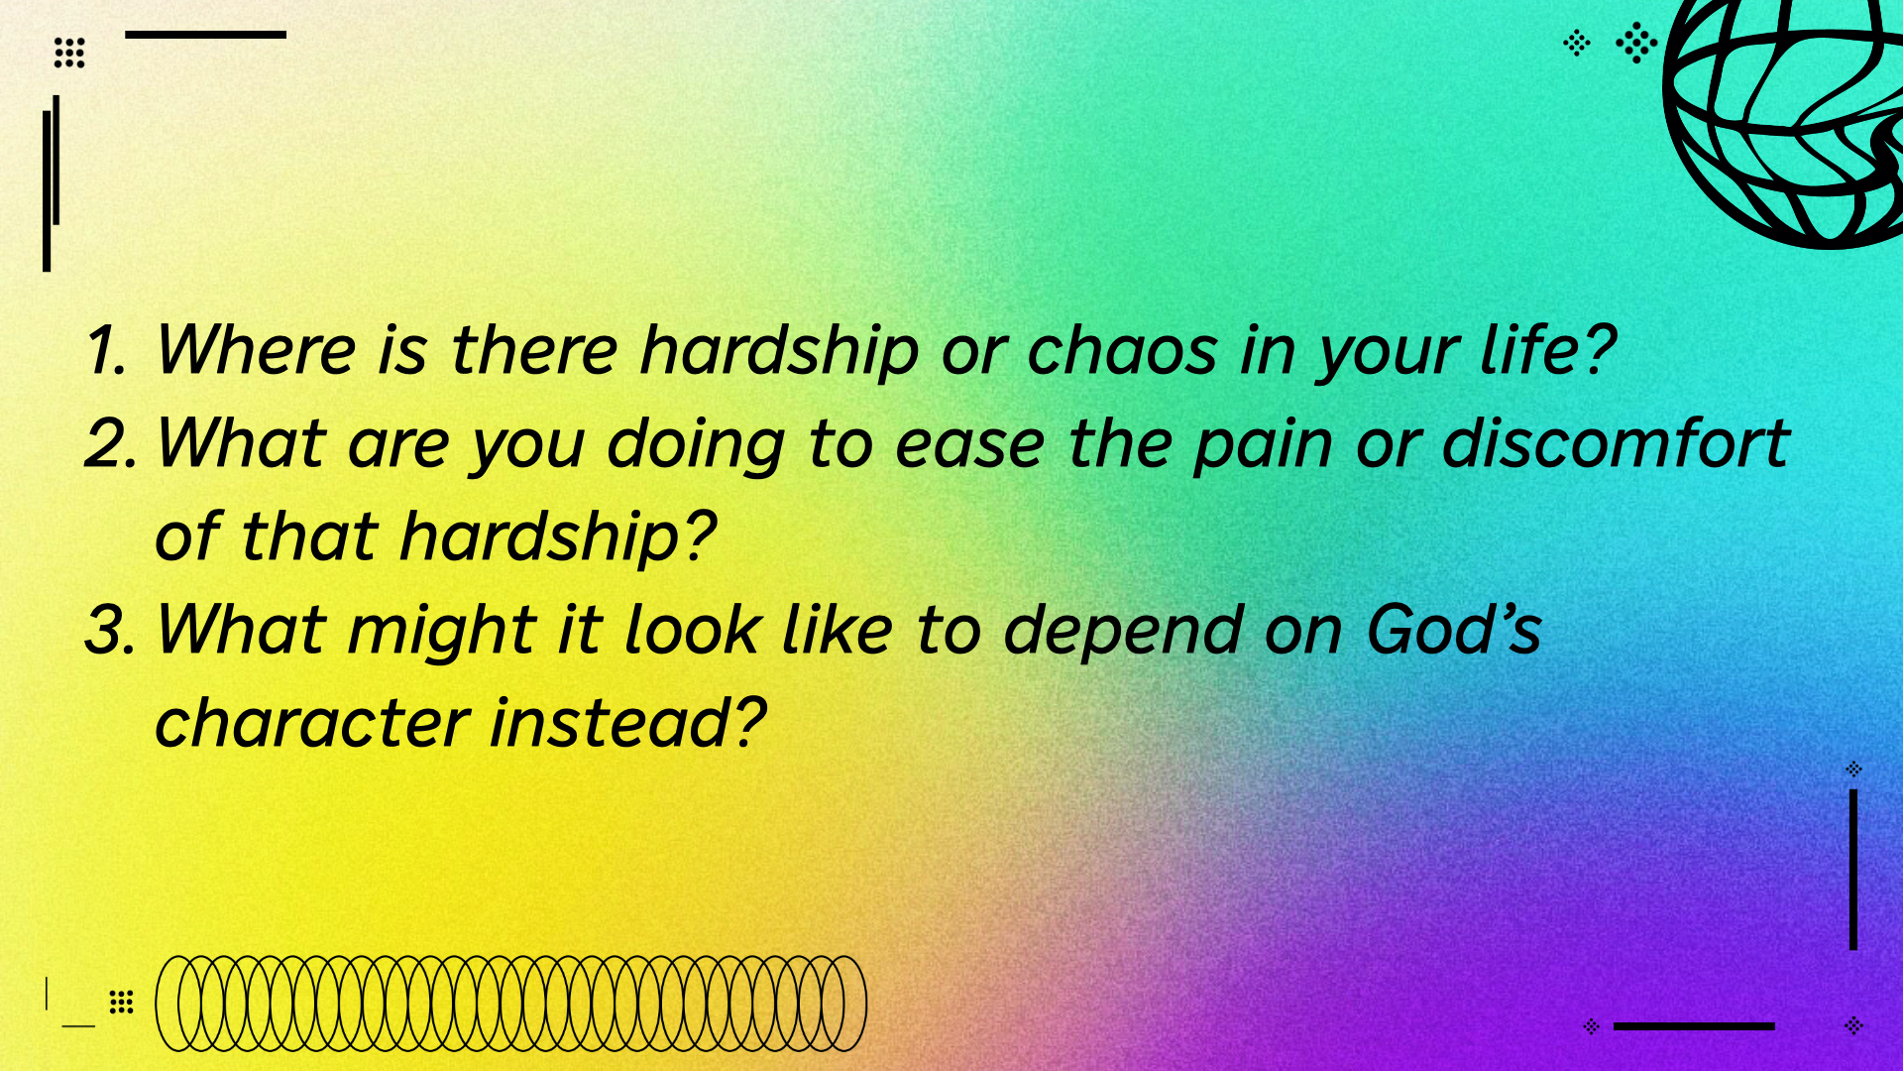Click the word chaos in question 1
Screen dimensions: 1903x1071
click(x=1122, y=351)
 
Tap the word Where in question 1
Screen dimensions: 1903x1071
click(x=256, y=350)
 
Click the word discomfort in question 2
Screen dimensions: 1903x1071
click(x=1616, y=442)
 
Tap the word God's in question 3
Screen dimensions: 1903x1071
click(x=1454, y=629)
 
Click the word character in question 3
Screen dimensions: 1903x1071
click(x=311, y=722)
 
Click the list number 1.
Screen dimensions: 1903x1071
click(x=107, y=350)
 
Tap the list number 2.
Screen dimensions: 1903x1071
click(x=111, y=442)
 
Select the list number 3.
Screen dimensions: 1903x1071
click(x=111, y=630)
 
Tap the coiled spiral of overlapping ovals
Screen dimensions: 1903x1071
click(x=510, y=1003)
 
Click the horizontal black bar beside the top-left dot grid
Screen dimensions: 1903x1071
click(x=205, y=35)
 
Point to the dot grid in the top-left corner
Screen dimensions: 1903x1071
click(x=69, y=53)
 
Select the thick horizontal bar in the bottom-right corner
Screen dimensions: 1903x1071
click(x=1694, y=1026)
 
